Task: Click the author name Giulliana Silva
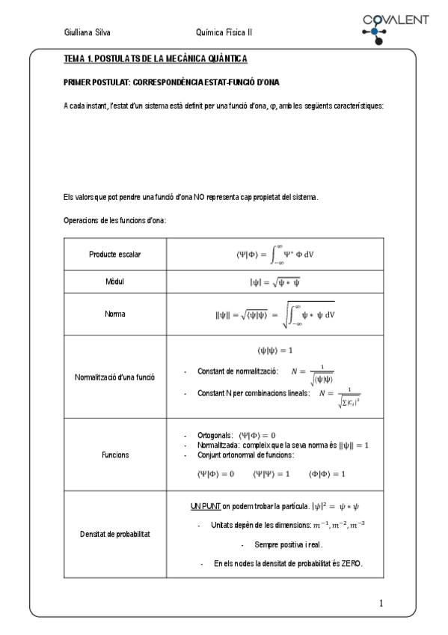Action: coord(88,33)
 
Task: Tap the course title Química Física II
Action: coord(224,33)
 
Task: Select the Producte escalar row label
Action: coord(115,255)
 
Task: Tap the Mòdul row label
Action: coord(115,282)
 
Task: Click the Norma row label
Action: coord(115,315)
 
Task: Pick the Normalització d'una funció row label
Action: coord(115,377)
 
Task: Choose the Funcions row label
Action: coord(115,455)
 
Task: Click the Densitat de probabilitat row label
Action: coord(115,534)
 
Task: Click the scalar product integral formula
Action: coord(274,254)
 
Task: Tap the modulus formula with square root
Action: coord(274,282)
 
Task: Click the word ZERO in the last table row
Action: coord(350,563)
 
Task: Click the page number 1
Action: coord(381,603)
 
